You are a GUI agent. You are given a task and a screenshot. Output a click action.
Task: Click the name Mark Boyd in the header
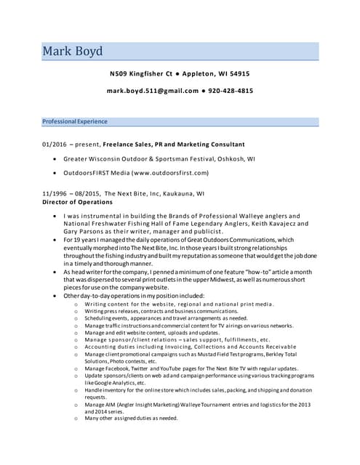point(73,51)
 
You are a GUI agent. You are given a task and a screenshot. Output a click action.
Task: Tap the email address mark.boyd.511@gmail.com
point(153,91)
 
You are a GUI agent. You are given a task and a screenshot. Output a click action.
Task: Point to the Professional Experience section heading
point(75,121)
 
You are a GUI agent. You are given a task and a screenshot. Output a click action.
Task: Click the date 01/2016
point(56,144)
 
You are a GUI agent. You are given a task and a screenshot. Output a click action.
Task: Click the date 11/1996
point(56,194)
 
